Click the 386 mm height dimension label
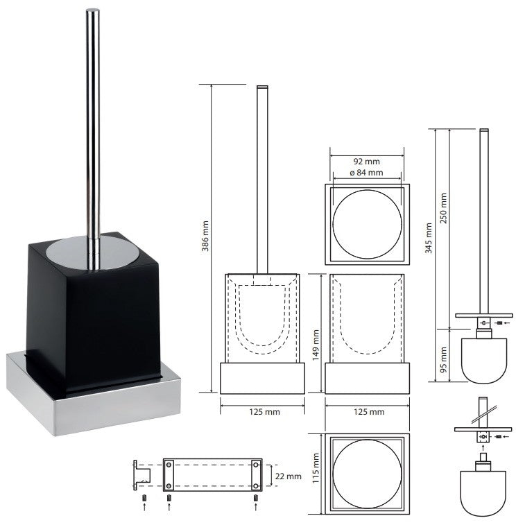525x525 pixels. (x=205, y=236)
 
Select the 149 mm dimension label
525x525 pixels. (x=316, y=345)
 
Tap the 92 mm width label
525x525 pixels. (x=367, y=162)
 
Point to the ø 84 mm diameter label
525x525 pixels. (x=366, y=173)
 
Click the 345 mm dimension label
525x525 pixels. (x=428, y=238)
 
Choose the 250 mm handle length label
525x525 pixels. (x=444, y=208)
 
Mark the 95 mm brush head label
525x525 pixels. (x=444, y=360)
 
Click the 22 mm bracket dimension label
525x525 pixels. (x=289, y=476)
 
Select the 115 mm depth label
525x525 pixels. (x=316, y=468)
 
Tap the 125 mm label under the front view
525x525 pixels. (x=264, y=412)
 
